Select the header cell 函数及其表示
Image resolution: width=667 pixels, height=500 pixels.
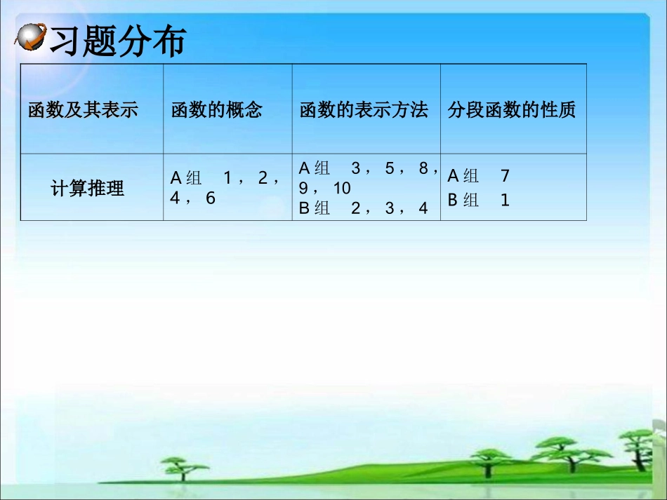pyautogui.click(x=83, y=110)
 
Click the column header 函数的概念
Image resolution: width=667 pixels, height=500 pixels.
pyautogui.click(x=216, y=110)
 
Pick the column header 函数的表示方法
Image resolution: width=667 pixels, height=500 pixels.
pyautogui.click(x=364, y=110)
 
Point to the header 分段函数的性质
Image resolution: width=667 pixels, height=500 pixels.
pyautogui.click(x=512, y=110)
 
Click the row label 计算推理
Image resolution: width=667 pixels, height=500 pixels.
pyautogui.click(x=88, y=189)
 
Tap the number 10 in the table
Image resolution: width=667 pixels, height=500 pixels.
pyautogui.click(x=342, y=189)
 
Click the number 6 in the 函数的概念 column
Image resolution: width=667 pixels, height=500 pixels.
pyautogui.click(x=211, y=198)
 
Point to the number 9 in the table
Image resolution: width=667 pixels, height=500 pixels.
pyautogui.click(x=303, y=189)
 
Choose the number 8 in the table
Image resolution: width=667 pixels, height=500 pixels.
pyautogui.click(x=423, y=168)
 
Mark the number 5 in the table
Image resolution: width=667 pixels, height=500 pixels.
pyautogui.click(x=390, y=168)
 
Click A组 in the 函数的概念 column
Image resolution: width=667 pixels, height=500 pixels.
pyautogui.click(x=186, y=178)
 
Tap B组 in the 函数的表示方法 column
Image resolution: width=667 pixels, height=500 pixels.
pyautogui.click(x=315, y=208)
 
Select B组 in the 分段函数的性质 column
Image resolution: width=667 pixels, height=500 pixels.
pyautogui.click(x=463, y=201)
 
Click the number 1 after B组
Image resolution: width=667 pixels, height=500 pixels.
pyautogui.click(x=505, y=201)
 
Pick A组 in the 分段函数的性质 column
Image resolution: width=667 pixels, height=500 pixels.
pyautogui.click(x=463, y=176)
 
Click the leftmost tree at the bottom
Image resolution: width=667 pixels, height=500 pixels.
pyautogui.click(x=184, y=466)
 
